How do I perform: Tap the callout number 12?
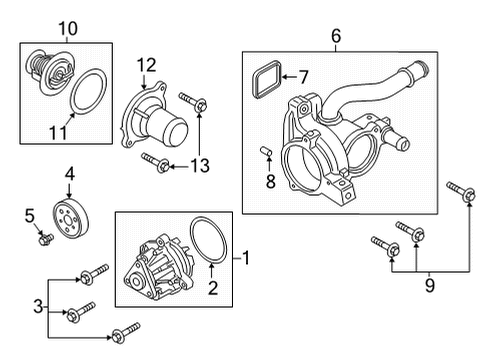(147, 66)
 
